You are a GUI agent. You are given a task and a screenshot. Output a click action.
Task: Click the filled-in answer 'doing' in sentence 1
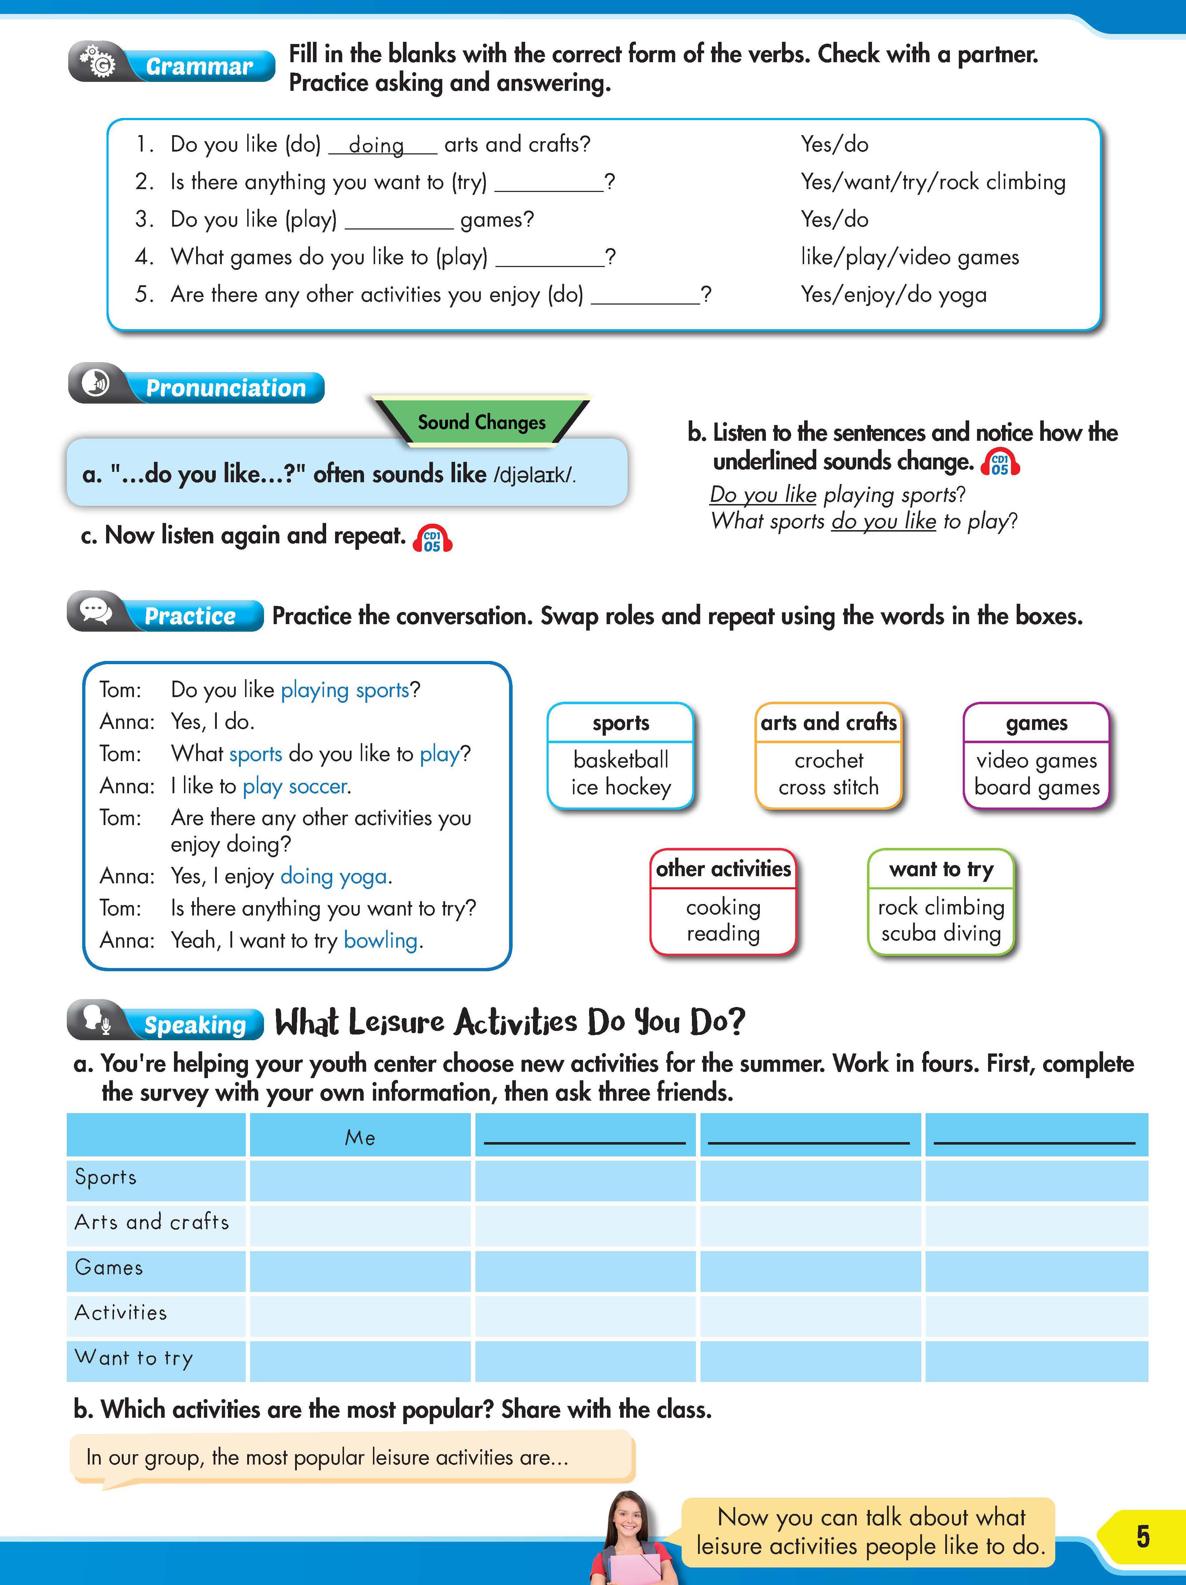[376, 145]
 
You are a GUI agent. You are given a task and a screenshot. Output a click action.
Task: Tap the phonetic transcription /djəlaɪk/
[534, 474]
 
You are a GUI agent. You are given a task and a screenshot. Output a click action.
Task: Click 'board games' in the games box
[1036, 787]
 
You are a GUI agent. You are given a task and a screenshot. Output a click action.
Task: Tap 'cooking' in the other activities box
[723, 907]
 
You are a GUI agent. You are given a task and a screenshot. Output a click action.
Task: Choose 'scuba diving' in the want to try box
[941, 933]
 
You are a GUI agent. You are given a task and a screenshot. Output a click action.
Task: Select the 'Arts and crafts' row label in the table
[152, 1222]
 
